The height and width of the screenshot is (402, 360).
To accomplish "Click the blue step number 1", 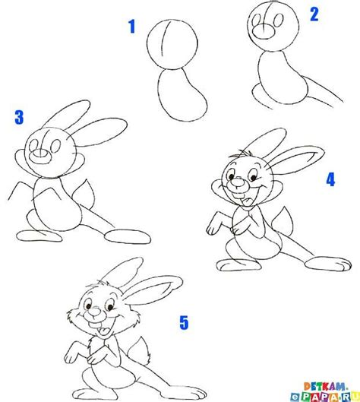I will pos(131,29).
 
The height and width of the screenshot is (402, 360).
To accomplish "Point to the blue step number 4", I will pos(330,180).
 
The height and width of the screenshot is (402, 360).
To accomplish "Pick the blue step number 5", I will pos(183,323).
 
